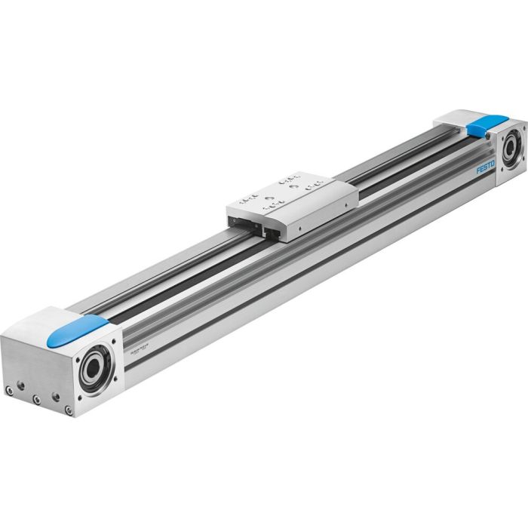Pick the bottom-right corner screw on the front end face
click(69, 410)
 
